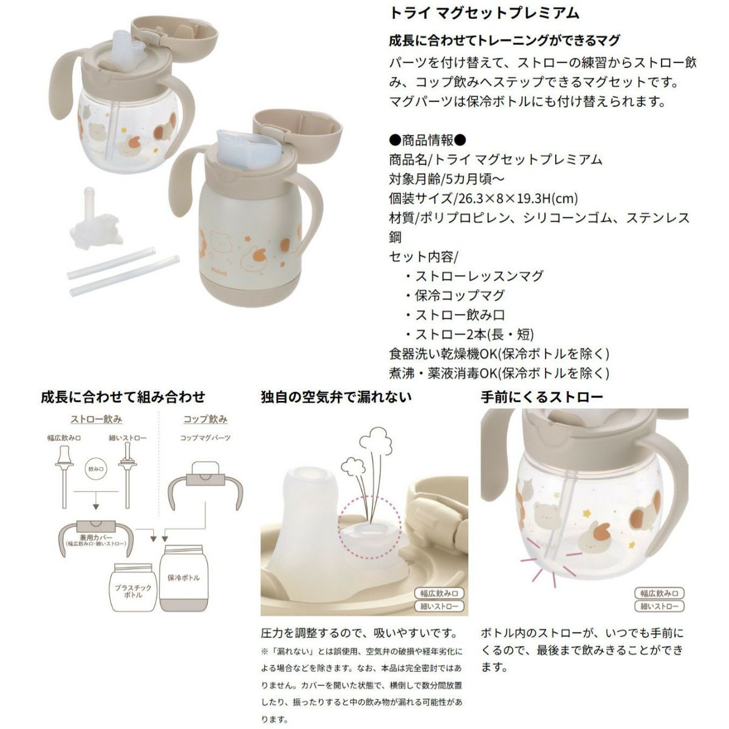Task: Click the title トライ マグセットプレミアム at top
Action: point(484,13)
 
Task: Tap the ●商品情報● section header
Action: point(427,140)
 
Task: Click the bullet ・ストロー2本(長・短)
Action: point(469,334)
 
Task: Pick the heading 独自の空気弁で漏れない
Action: point(336,397)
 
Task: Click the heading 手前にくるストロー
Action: point(542,397)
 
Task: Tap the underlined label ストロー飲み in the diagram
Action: point(96,419)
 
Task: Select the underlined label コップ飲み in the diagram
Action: point(205,419)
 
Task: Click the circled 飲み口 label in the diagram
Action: point(96,469)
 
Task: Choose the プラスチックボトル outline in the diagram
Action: point(133,587)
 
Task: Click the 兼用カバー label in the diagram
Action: point(96,538)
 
